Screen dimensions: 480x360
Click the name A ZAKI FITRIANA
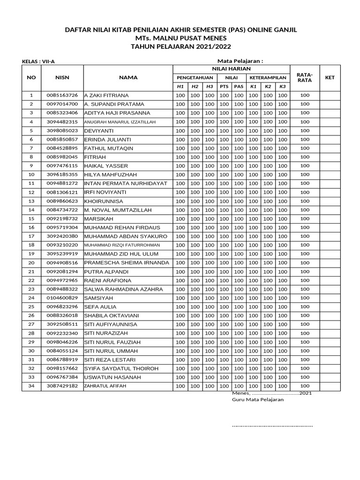[106, 95]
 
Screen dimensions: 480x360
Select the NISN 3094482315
[62, 122]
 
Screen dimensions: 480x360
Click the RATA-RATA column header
[305, 77]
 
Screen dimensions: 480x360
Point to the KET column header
[330, 77]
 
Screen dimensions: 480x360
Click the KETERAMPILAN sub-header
[268, 77]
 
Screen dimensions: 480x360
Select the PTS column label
[224, 87]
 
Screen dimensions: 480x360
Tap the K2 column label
[268, 87]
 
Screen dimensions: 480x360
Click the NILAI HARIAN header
[232, 68]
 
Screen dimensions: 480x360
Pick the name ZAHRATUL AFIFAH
[105, 386]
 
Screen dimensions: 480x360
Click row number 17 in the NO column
[31, 236]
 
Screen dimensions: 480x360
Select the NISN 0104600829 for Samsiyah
[62, 298]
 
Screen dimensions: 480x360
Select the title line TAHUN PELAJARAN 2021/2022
[180, 46]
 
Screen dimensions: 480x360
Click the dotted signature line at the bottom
[272, 426]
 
